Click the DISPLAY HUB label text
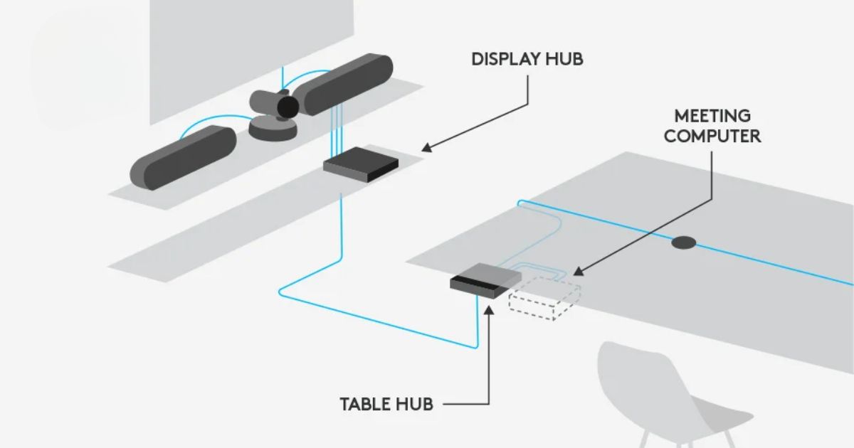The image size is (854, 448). click(x=527, y=59)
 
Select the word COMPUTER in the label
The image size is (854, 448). click(x=713, y=135)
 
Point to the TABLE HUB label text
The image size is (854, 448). click(x=386, y=405)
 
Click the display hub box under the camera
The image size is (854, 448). click(x=361, y=166)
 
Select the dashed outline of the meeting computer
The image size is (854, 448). click(x=544, y=299)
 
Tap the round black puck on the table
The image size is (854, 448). click(x=683, y=242)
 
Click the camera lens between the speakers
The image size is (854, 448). click(x=287, y=106)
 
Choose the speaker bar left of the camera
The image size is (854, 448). click(x=183, y=156)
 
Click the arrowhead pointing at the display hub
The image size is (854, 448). click(x=426, y=148)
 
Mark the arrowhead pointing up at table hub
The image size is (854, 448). click(x=490, y=306)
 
